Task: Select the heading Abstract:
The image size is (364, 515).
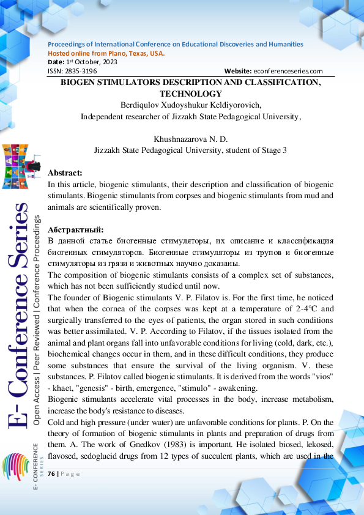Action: tap(65, 172)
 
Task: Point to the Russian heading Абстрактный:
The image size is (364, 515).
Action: tap(76, 229)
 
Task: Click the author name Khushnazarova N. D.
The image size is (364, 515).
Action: tap(190, 139)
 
